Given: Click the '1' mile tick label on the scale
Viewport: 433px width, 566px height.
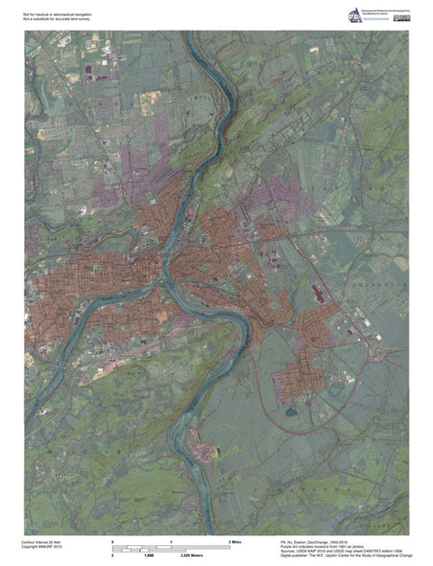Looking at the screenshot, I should click(171, 541).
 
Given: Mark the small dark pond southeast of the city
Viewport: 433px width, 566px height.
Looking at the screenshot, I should click(291, 412).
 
